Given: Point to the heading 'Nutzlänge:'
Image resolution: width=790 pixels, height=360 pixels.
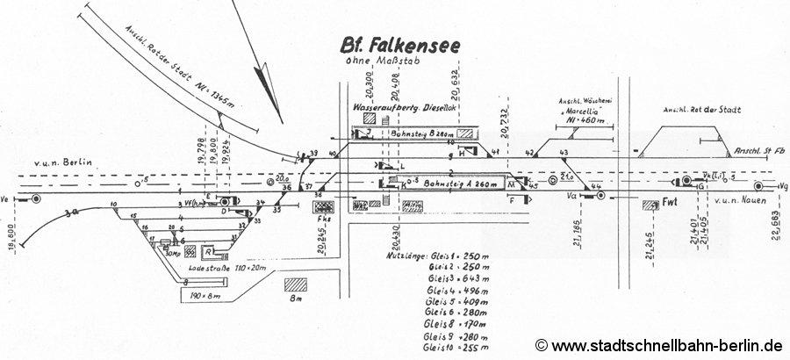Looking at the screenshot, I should [x=408, y=254].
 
